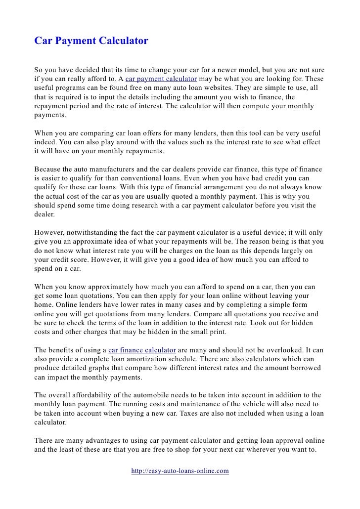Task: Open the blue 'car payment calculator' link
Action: pyautogui.click(x=161, y=79)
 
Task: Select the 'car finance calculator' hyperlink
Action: pyautogui.click(x=141, y=350)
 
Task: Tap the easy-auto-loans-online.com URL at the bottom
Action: pyautogui.click(x=180, y=471)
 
